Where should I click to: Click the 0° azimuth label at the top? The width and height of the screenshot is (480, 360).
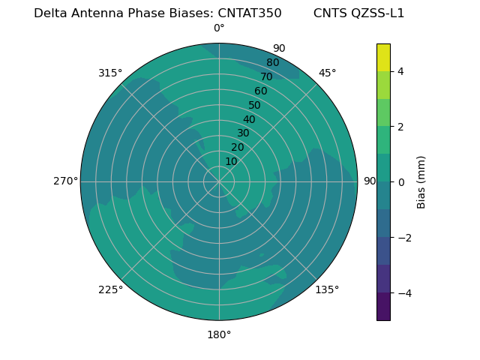click(219, 28)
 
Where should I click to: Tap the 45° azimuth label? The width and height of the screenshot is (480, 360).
click(328, 73)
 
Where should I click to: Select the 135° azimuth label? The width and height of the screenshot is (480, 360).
click(327, 289)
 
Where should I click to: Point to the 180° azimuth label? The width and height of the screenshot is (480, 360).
click(219, 334)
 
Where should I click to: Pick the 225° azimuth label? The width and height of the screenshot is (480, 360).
click(110, 289)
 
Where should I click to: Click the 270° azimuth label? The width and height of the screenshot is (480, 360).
click(65, 181)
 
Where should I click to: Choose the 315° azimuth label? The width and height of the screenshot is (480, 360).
click(110, 73)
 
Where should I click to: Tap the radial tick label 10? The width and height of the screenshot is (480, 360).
click(231, 161)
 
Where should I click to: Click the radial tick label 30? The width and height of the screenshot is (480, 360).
click(243, 133)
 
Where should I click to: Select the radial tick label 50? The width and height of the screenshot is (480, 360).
click(255, 105)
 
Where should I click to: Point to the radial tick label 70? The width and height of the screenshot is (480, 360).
click(267, 76)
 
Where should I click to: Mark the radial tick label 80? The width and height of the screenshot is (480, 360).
click(272, 62)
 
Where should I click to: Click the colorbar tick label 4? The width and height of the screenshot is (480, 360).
click(400, 71)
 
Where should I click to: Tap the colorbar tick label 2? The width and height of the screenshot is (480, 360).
click(400, 127)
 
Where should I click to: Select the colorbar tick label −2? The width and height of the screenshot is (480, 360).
click(403, 238)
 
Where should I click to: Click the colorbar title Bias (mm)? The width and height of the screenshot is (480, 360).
click(421, 181)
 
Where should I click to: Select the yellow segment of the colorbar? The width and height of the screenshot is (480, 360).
click(383, 57)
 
